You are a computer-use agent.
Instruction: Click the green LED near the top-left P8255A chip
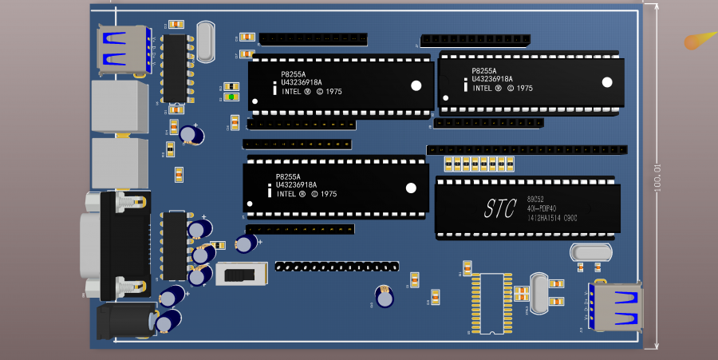230,97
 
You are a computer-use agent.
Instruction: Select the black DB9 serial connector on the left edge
124,245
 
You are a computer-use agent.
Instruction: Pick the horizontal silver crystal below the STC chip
591,252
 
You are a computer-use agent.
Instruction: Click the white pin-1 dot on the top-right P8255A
607,82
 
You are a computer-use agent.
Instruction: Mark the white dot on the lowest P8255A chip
411,188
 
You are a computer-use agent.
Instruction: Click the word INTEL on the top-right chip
483,89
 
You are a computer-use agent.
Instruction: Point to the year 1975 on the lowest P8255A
329,194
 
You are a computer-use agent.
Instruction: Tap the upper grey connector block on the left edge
120,106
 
